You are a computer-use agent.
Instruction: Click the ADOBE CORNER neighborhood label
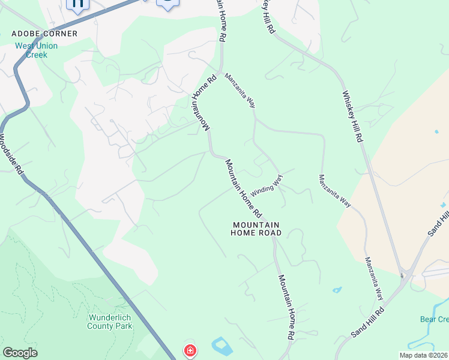44,34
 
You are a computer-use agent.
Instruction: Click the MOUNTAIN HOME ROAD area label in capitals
256,229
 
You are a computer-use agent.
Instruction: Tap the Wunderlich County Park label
110,321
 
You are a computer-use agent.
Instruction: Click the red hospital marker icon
190,350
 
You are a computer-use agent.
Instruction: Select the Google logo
20,353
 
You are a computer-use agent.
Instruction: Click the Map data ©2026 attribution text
424,355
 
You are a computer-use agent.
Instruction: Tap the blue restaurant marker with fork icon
77,4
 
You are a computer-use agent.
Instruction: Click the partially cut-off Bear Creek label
434,319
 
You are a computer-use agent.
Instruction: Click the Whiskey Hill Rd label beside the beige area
352,116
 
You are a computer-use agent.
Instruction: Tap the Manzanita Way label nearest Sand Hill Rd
374,278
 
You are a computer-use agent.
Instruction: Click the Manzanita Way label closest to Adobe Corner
240,89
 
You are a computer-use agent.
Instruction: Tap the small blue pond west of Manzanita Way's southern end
337,290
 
